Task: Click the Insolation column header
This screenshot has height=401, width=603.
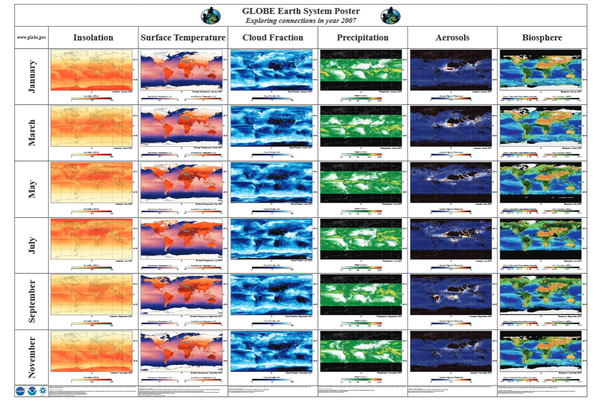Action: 93,37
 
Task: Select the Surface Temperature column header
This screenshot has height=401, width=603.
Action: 183,37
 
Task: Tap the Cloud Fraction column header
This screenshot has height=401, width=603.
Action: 273,37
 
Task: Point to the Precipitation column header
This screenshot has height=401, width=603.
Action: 362,37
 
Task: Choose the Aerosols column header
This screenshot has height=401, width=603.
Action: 452,37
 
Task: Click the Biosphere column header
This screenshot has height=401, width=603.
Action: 542,37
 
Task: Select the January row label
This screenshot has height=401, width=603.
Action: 32,76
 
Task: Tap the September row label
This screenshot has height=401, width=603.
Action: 32,301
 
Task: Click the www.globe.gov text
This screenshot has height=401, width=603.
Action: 31,37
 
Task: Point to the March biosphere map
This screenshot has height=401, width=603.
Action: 541,127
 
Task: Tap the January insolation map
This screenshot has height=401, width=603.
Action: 91,70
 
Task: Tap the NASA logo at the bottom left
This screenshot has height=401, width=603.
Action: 21,391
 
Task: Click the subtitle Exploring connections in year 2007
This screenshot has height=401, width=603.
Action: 300,20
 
